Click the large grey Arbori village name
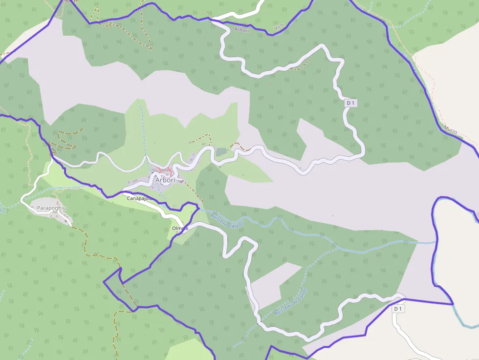(x=165, y=180)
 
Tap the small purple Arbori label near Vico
(x=241, y=30)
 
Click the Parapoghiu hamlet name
(x=51, y=208)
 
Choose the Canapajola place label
(x=140, y=199)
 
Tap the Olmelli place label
(x=180, y=229)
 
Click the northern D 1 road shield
(x=350, y=103)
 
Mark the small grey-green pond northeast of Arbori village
(x=221, y=152)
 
